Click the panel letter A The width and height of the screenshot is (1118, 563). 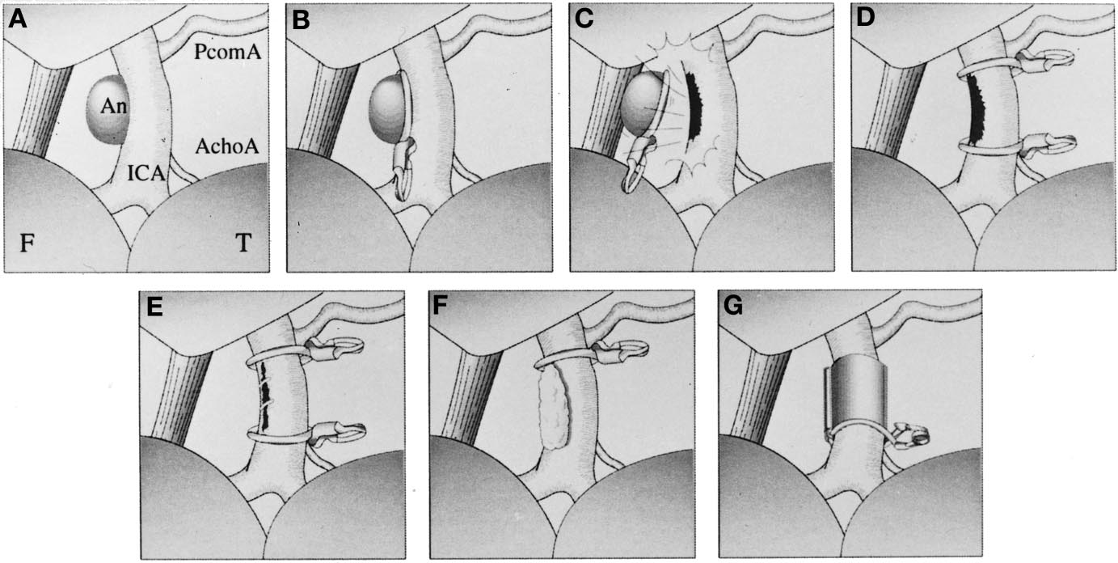tap(18, 19)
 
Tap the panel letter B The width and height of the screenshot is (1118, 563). tap(301, 20)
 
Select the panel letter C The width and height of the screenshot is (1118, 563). tap(584, 19)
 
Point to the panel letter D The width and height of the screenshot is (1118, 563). tap(865, 18)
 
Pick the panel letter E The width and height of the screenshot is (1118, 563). tap(154, 307)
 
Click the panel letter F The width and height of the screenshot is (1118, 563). tap(440, 307)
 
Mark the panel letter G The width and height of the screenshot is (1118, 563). tap(732, 307)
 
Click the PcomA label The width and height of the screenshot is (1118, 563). tap(227, 52)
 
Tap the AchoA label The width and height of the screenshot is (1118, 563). tap(227, 146)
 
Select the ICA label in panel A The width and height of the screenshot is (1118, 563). tap(146, 173)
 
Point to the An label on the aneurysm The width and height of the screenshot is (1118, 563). tap(113, 106)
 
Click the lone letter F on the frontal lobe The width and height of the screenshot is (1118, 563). tap(27, 243)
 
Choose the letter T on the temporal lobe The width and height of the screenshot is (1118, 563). tap(243, 243)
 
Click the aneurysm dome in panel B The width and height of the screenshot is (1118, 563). tap(386, 110)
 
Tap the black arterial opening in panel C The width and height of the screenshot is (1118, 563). tap(693, 108)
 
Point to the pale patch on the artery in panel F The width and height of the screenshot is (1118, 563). tap(553, 407)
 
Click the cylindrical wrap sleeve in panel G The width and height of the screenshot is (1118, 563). tap(854, 395)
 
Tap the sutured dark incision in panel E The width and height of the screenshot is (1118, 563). tap(265, 397)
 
